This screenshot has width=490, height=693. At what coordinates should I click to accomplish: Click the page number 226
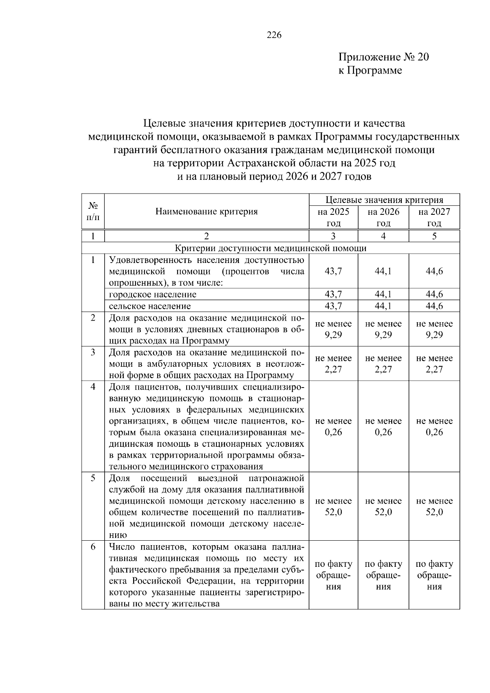point(274,36)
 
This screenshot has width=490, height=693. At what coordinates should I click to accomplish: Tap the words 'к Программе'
point(370,70)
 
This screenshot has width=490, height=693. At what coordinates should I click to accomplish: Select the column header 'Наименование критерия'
point(206,212)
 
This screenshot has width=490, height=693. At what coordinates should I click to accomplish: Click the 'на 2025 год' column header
point(333,217)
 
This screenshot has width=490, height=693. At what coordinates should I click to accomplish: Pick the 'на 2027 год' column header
point(434,217)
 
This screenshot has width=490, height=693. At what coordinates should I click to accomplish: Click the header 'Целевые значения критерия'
point(384,200)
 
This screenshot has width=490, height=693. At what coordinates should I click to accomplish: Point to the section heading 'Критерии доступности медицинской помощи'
point(270,248)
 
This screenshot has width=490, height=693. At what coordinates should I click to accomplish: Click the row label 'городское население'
point(153,294)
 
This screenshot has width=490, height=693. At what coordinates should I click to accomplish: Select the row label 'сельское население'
point(150,306)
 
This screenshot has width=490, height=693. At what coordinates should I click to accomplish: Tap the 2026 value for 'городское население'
point(383,294)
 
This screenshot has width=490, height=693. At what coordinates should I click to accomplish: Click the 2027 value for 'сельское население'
point(434,306)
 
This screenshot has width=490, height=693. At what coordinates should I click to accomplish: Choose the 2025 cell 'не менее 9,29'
point(333,330)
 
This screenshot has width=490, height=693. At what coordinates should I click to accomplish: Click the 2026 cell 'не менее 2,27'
point(383,364)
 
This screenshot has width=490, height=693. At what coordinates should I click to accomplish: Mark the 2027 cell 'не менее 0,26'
point(434,427)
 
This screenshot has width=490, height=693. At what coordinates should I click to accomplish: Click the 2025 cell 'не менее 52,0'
point(333,507)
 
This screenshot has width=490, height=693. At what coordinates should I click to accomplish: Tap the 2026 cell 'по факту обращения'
point(383,575)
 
